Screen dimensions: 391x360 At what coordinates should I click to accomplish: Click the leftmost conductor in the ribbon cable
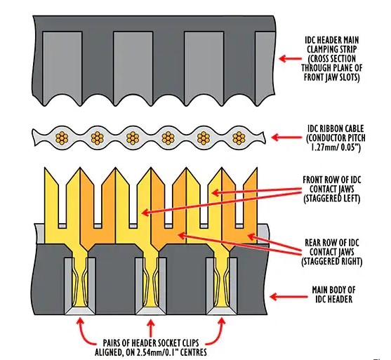tap(62, 138)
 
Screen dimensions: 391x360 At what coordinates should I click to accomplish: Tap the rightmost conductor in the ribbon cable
tap(239, 138)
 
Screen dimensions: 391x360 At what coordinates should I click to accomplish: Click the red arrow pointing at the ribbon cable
tap(286, 137)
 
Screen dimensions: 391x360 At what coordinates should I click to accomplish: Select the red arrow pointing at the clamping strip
tap(290, 58)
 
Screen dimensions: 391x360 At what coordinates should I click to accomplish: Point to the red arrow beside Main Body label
tap(289, 297)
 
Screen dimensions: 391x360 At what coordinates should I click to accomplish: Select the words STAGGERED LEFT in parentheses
tap(331, 199)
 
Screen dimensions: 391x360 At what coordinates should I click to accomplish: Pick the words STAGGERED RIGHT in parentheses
tap(331, 261)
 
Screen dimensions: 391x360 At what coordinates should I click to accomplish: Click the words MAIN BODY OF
tap(333, 290)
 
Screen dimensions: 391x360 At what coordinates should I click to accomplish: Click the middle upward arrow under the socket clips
tap(150, 327)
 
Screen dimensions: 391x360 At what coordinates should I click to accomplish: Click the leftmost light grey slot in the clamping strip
tap(62, 65)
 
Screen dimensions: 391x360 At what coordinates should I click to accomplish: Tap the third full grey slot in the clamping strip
tap(204, 65)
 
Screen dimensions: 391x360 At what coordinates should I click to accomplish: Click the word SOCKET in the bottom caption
tap(165, 343)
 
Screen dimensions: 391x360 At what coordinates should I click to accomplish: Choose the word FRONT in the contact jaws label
tap(314, 180)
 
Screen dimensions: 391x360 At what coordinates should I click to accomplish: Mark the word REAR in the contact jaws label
tap(313, 243)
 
